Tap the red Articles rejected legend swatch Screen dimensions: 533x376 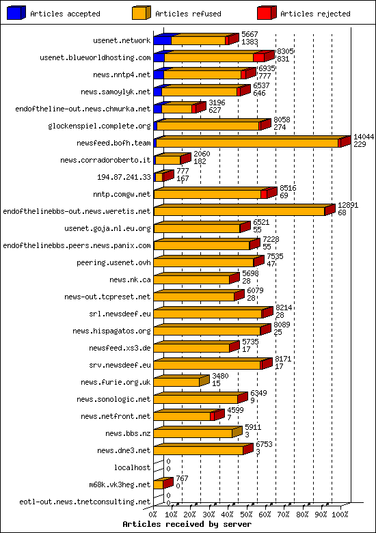266,12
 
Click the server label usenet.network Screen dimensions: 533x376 122,40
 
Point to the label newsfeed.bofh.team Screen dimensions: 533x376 116,143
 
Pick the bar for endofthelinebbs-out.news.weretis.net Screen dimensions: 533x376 239,211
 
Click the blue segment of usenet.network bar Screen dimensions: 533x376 162,40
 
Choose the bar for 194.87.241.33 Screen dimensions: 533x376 159,177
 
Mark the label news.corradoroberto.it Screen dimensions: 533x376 105,160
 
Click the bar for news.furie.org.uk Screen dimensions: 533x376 176,382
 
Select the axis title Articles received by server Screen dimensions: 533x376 187,524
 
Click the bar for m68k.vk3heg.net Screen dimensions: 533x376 159,484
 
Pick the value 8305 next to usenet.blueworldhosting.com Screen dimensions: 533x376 285,51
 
